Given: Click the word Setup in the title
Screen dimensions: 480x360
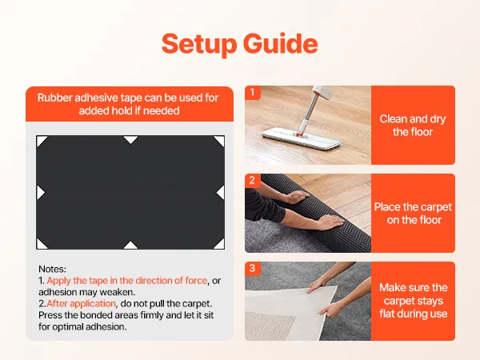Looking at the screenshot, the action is (x=199, y=44).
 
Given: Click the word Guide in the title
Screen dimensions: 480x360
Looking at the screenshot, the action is (x=281, y=43).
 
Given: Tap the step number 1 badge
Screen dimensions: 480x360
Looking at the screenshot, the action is (x=252, y=93).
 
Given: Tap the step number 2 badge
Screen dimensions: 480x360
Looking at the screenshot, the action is (x=252, y=180).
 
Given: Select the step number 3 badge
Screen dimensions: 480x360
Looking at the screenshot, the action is (x=252, y=268).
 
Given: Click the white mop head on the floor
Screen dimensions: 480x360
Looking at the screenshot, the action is (x=302, y=138).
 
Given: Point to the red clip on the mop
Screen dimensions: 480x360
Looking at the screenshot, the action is (x=300, y=134).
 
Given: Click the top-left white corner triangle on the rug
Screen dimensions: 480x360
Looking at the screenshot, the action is (x=41, y=141).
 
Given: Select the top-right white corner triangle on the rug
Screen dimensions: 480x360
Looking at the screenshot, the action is (x=221, y=140).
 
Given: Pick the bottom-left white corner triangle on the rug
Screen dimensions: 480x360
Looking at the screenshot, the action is (x=41, y=245).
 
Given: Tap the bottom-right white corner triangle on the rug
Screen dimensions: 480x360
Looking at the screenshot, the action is (x=220, y=245).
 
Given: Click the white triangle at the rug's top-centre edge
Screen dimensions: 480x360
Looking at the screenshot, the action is (x=130, y=139).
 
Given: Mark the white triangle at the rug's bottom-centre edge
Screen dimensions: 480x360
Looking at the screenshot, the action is (x=130, y=246).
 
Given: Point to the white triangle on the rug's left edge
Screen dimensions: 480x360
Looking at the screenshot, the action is (x=40, y=193).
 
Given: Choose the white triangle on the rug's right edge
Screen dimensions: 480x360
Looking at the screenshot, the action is (x=222, y=193).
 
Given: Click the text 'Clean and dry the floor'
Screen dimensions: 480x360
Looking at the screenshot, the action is (x=413, y=126).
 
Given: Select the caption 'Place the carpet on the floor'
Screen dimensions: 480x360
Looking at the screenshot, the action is (x=413, y=214).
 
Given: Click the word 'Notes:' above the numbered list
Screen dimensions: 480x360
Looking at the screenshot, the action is (x=52, y=269).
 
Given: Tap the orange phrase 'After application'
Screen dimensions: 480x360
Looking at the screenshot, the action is (x=81, y=304).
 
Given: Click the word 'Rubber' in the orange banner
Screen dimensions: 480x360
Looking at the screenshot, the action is (x=55, y=98).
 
